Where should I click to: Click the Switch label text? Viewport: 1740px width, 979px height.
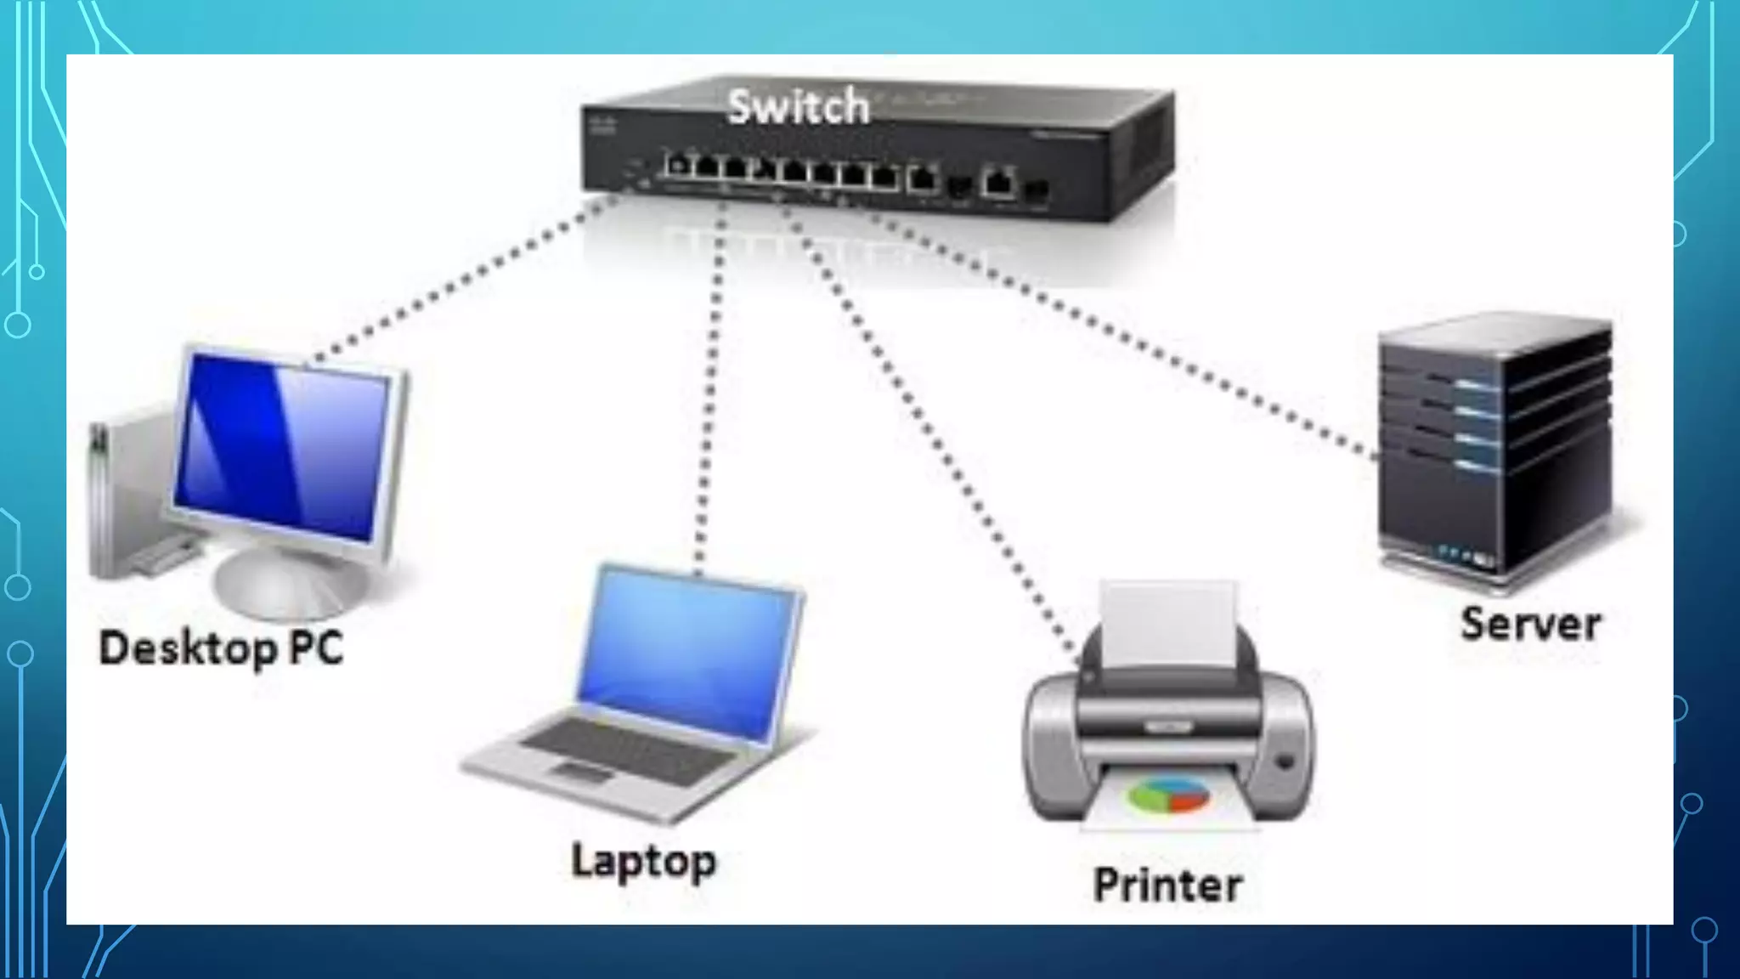pos(799,107)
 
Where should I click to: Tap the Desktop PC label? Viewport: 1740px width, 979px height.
pos(221,648)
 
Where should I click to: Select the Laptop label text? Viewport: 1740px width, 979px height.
pos(643,861)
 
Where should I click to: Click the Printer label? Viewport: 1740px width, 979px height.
pos(1167,885)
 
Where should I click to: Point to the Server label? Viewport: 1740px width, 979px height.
pos(1530,624)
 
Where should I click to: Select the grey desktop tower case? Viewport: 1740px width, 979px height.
pos(127,493)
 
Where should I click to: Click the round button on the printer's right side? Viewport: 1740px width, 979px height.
pos(1284,761)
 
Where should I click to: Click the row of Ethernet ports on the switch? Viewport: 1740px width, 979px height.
pos(782,170)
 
